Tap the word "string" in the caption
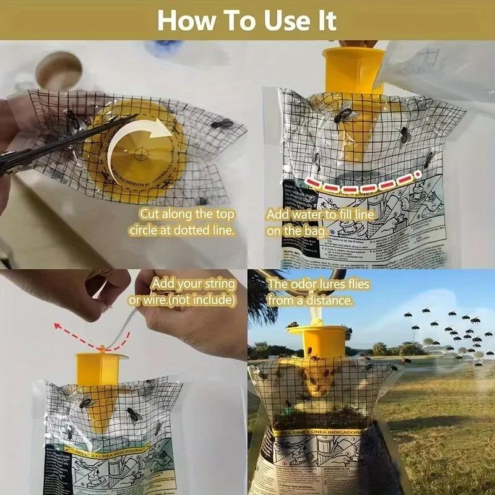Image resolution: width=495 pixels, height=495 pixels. pyautogui.click(x=217, y=285)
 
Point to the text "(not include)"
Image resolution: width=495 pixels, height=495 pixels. pyautogui.click(x=205, y=300)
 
